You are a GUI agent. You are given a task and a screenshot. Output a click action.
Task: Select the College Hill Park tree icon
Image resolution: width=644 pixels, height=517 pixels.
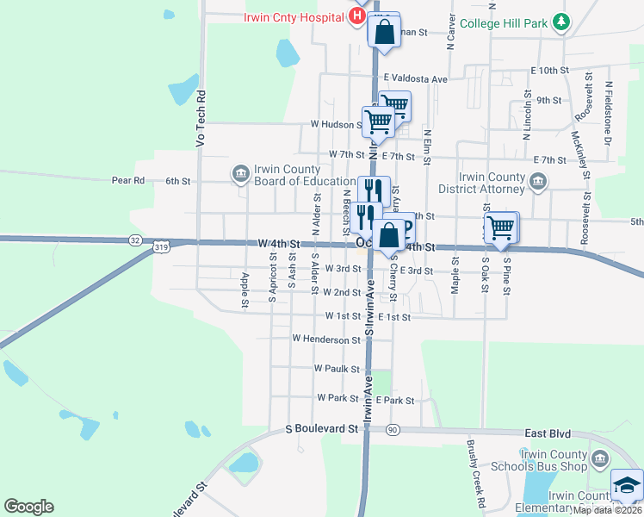coord(561,22)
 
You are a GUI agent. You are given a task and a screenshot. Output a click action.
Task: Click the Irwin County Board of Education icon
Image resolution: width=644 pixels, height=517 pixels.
coord(239,174)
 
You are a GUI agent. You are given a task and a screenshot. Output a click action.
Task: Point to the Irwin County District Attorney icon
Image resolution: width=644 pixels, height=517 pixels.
coord(538,181)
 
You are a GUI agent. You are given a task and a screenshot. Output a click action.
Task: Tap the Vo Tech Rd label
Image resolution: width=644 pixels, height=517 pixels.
coord(200,118)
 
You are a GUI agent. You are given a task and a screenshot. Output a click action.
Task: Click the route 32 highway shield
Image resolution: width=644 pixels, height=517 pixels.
coord(135,240)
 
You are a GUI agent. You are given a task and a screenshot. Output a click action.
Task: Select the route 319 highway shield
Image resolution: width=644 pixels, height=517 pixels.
coord(162,247)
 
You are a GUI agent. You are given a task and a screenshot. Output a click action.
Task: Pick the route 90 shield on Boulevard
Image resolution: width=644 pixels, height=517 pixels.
coord(393,429)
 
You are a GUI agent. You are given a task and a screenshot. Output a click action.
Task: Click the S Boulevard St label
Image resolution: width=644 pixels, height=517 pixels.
coord(321,428)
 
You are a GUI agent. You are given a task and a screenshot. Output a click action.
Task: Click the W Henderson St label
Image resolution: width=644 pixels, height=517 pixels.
coord(326,339)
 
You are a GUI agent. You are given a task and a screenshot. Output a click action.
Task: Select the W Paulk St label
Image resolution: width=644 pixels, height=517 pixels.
coord(337,368)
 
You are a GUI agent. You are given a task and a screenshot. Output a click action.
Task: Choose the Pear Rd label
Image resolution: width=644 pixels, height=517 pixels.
coord(128,180)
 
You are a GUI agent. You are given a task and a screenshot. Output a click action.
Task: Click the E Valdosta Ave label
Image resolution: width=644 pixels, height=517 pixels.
coord(416,79)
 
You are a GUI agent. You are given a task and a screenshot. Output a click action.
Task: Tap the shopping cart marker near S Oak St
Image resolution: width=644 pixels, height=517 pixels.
coord(501,227)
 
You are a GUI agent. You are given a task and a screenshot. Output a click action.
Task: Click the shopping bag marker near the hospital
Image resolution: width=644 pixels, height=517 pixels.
coord(384,31)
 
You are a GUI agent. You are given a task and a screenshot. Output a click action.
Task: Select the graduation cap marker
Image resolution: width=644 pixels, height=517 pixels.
coord(627,485)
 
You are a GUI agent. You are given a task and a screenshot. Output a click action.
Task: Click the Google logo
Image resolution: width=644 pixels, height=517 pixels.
coord(28,507)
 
